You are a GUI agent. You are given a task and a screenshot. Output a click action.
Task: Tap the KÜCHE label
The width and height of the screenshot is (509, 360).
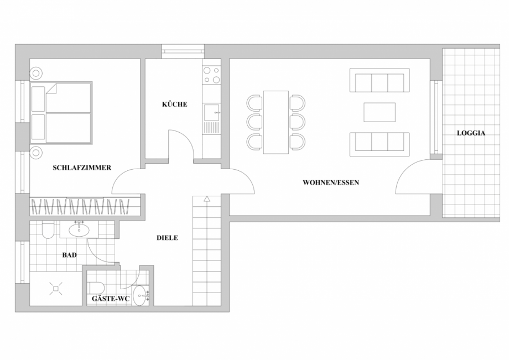pos(174,104)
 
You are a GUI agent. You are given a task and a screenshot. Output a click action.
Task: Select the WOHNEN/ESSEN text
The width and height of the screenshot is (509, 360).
pos(331,182)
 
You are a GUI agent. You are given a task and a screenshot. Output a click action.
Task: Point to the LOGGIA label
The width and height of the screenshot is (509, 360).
pos(471,133)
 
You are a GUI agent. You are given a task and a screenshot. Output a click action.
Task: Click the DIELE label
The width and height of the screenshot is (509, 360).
pos(167,238)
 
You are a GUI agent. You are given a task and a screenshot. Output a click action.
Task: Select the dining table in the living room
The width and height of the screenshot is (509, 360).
pos(276,122)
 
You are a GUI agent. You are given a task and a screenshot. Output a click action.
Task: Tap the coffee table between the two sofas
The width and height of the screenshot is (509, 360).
pos(380,112)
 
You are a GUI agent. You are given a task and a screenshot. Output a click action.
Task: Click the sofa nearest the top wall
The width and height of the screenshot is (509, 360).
pos(380,81)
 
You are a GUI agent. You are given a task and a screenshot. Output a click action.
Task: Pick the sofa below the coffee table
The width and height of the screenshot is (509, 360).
pos(380,144)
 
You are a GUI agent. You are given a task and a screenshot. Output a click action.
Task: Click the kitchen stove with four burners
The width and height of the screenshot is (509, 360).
pos(211,75)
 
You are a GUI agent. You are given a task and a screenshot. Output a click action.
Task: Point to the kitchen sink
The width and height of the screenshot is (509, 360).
pos(211,113)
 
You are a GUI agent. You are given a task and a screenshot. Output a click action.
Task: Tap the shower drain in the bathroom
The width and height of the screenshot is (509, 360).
pos(55,287)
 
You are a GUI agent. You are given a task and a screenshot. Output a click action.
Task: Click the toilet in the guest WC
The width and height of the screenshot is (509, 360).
pos(96,287)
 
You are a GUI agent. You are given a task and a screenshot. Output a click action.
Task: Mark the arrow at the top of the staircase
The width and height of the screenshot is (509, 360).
pos(206,199)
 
